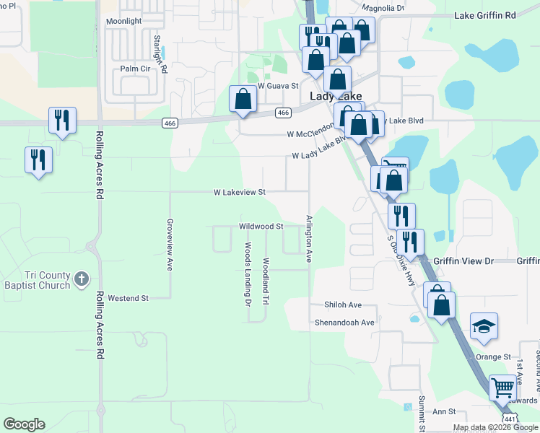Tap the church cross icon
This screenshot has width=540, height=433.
[82, 278]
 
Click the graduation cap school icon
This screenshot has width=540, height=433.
[484, 326]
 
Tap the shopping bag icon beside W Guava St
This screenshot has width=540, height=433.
[243, 99]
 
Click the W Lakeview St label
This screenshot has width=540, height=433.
[240, 193]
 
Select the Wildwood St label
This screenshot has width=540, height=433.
[261, 226]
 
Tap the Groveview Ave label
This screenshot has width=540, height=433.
[170, 245]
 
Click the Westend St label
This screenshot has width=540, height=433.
[128, 297]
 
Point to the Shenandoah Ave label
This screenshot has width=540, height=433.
[344, 323]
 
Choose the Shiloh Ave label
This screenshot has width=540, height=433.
[342, 305]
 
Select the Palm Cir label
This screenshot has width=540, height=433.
[134, 69]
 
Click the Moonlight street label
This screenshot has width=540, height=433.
[123, 22]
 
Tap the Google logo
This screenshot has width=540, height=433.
[24, 424]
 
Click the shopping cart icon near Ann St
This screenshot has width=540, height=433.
[502, 387]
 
